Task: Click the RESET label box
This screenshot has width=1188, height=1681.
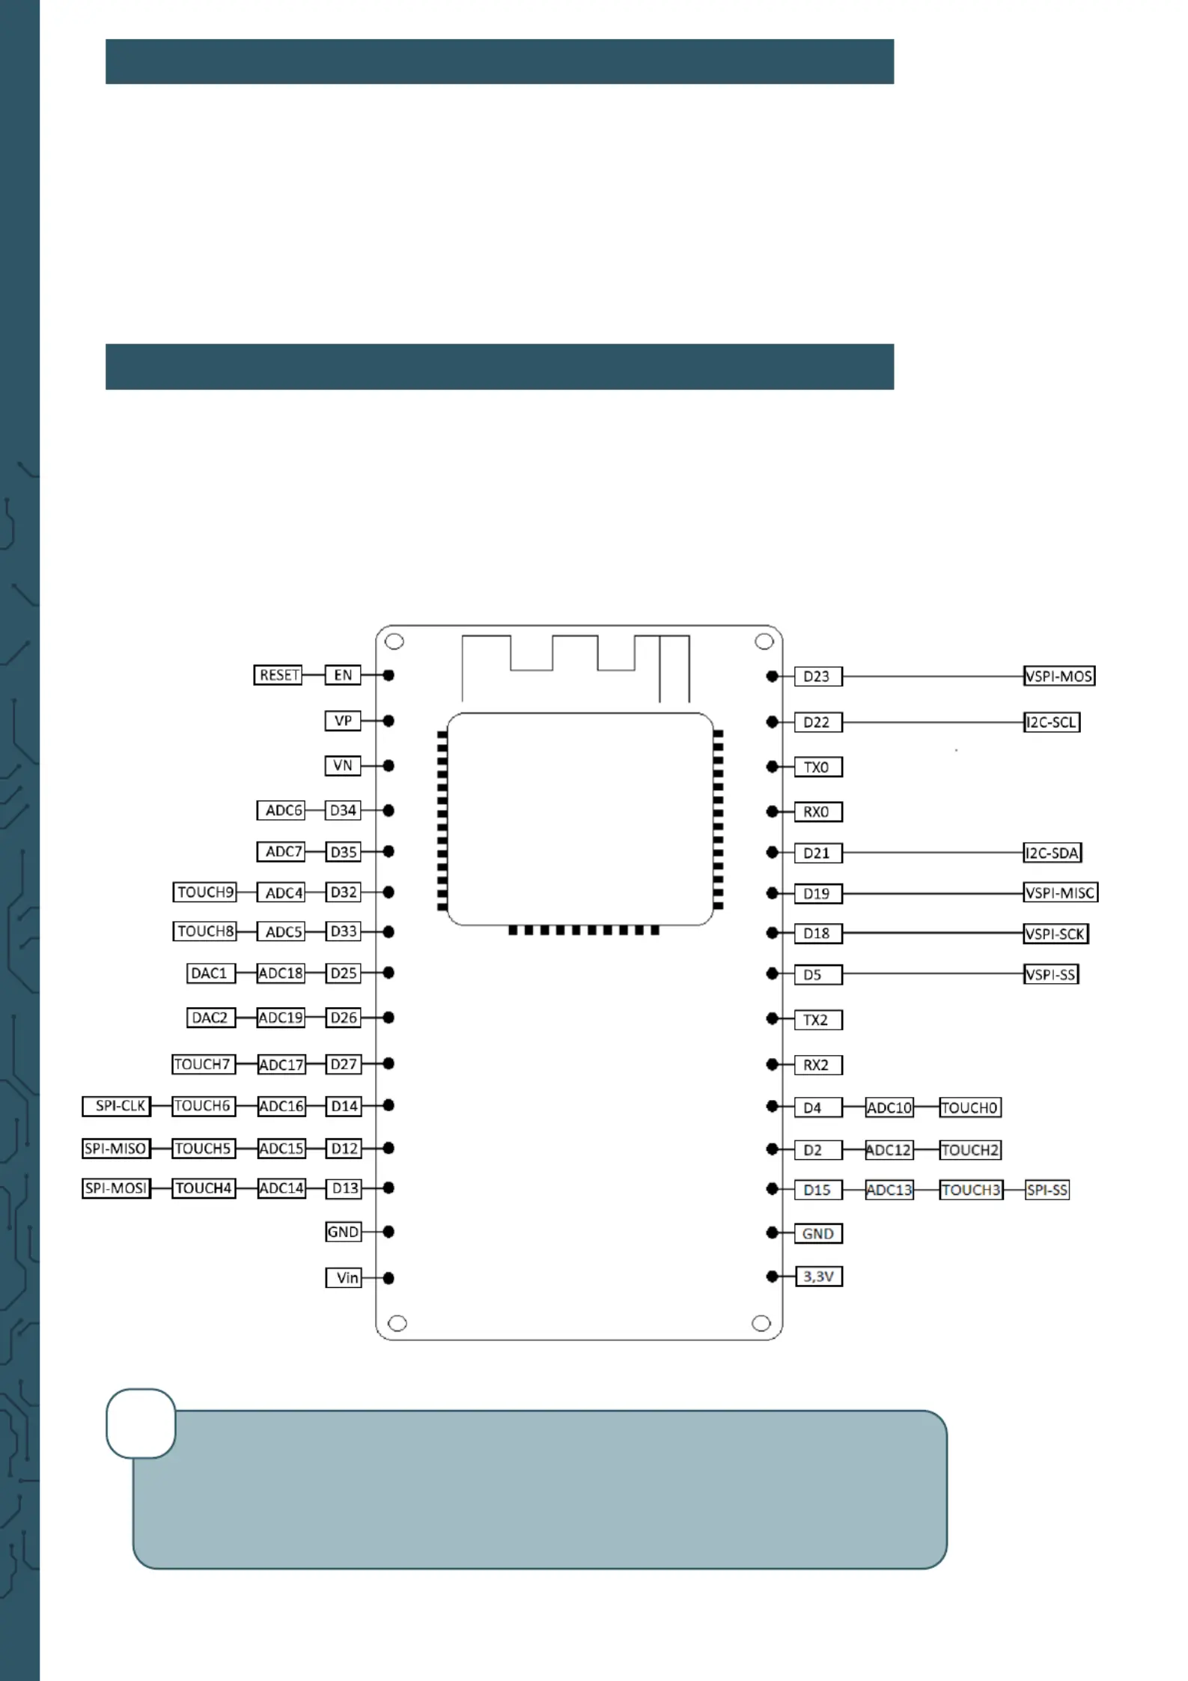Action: click(278, 675)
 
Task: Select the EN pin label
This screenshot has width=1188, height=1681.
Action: click(343, 675)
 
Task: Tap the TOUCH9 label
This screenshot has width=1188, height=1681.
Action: click(204, 892)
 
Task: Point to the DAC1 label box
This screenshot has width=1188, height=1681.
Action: click(210, 973)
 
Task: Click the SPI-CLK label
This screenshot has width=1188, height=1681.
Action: click(117, 1106)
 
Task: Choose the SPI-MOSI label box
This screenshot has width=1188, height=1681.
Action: click(117, 1188)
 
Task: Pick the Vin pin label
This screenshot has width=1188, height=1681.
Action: click(344, 1277)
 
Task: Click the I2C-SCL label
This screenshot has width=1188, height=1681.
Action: click(1052, 722)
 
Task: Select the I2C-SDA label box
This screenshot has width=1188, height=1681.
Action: click(1053, 852)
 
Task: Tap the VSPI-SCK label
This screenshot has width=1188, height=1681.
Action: click(1056, 934)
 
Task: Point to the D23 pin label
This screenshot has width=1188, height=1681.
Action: click(818, 676)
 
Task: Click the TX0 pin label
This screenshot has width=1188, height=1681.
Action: click(818, 767)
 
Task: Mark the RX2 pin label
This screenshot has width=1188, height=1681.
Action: click(818, 1065)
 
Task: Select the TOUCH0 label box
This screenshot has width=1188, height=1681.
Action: click(970, 1107)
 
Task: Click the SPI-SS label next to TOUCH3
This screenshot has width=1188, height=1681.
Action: click(1047, 1190)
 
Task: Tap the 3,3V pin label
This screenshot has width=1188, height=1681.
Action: click(818, 1276)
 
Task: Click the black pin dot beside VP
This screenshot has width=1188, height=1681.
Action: click(389, 720)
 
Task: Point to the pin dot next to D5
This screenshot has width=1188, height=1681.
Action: click(773, 973)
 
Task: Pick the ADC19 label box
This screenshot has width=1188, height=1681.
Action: click(281, 1018)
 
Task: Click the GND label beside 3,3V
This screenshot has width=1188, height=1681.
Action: click(818, 1233)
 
